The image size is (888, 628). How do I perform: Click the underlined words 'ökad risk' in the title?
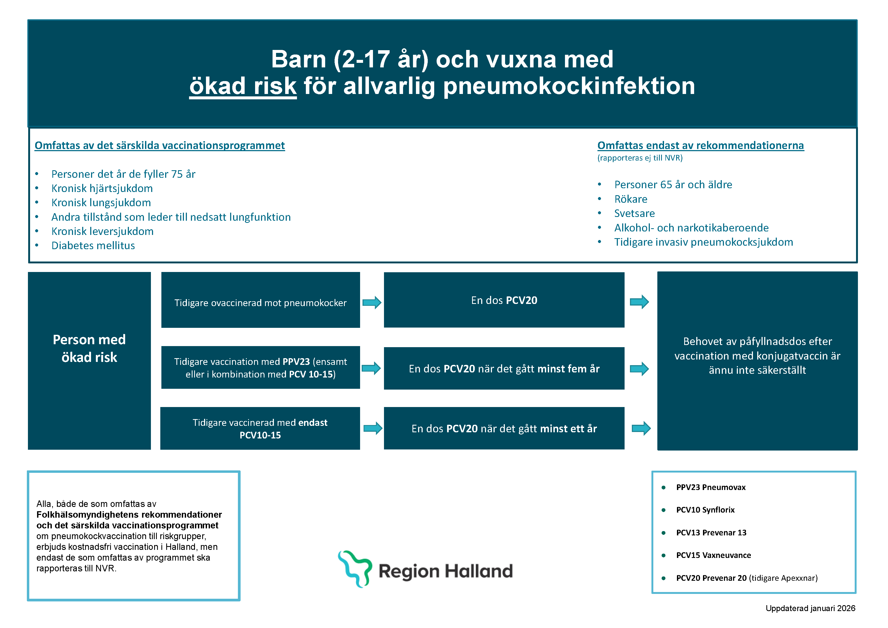243,86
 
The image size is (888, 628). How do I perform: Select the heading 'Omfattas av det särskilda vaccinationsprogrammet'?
160,146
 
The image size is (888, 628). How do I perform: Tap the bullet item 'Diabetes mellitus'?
93,246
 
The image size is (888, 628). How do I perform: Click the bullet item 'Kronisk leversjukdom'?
103,231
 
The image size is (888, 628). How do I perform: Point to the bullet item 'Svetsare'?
634,213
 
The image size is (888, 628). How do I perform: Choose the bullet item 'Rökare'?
630,199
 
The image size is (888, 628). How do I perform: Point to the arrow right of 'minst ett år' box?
641,428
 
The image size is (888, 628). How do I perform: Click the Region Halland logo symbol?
355,568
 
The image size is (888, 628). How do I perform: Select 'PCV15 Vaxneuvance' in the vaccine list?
713,555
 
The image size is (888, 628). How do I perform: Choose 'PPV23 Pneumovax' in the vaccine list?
711,487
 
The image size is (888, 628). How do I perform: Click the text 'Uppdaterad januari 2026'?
810,608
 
